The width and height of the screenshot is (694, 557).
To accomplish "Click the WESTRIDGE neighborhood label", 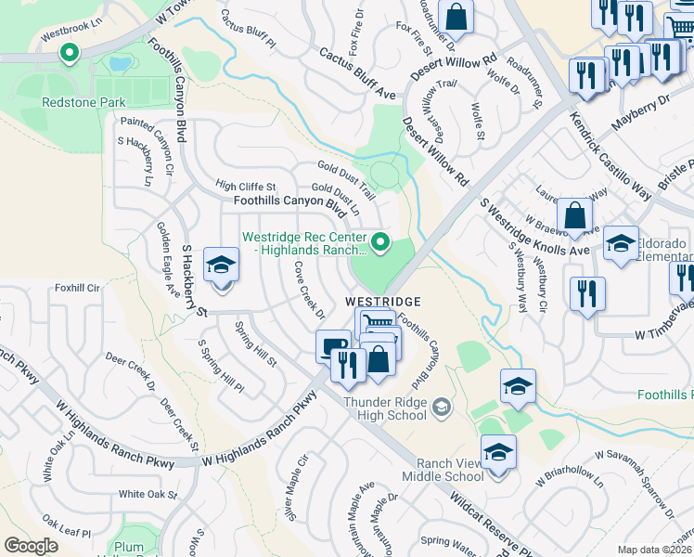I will [383, 302].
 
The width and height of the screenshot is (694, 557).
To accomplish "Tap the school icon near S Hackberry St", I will [222, 266].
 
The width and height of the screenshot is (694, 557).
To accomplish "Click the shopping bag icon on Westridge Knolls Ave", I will [575, 216].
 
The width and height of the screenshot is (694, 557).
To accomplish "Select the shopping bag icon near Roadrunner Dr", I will [456, 16].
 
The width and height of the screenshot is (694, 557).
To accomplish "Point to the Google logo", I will [31, 545].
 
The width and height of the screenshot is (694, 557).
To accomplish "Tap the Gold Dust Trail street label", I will [345, 179].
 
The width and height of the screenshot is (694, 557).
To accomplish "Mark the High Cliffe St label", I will [245, 186].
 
